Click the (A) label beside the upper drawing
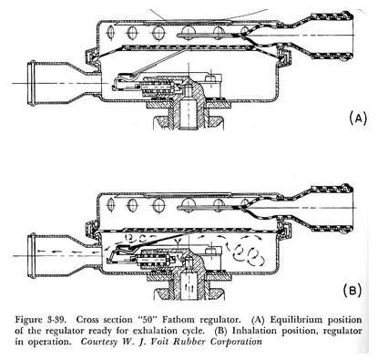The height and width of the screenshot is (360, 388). [358, 118]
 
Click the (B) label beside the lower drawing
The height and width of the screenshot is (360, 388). [352, 291]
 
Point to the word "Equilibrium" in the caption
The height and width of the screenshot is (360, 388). [296, 320]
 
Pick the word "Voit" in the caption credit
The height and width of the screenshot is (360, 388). [161, 341]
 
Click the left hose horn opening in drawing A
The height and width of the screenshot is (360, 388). [31, 83]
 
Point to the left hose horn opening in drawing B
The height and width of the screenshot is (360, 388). [31, 256]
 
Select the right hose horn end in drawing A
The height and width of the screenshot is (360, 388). [348, 36]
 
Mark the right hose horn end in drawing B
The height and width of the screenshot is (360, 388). [348, 209]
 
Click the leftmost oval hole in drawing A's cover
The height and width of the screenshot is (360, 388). [111, 32]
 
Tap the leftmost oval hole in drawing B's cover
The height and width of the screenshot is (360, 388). [111, 204]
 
